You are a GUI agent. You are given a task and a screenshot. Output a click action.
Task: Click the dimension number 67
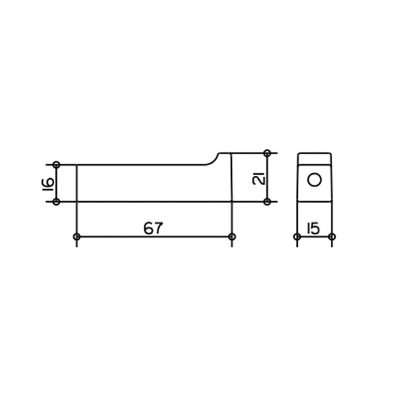(x=153, y=228)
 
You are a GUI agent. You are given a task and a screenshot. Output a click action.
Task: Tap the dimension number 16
(x=48, y=184)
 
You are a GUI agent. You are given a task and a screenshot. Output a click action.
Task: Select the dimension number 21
(x=259, y=179)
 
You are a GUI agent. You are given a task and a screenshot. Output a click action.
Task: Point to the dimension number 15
(x=314, y=228)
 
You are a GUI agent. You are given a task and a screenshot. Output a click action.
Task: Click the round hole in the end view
(x=314, y=180)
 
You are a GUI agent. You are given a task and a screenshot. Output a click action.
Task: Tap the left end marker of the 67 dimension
(x=77, y=237)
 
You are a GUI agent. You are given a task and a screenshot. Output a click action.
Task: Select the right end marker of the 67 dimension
(x=232, y=237)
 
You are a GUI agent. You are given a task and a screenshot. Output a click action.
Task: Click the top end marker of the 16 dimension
(x=56, y=165)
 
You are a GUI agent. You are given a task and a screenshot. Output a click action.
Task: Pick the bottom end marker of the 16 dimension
(x=56, y=202)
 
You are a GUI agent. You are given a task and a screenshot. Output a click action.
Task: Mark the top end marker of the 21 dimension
(x=267, y=153)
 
